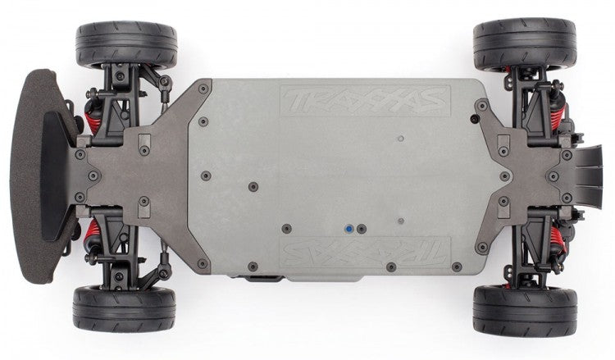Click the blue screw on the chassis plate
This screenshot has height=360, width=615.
[x=349, y=230]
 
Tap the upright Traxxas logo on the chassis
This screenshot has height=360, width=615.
[x=365, y=101]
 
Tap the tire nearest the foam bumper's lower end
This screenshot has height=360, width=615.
[x=125, y=308]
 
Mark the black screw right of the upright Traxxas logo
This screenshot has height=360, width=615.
[x=474, y=118]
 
